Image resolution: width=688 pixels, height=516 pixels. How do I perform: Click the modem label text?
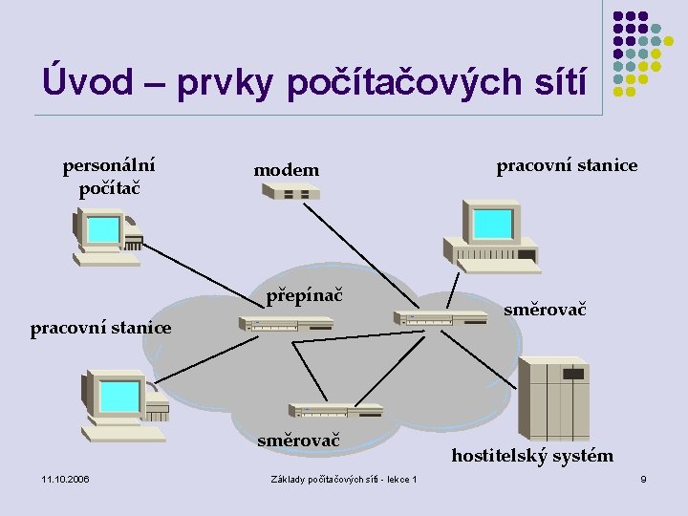pyautogui.click(x=286, y=170)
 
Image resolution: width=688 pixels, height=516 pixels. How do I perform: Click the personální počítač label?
pyautogui.click(x=109, y=175)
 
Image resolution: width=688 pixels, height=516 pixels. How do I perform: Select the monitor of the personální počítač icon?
pyautogui.click(x=101, y=229)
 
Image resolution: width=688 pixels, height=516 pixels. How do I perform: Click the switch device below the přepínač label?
pyautogui.click(x=286, y=324)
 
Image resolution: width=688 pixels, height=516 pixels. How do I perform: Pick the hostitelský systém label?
pyautogui.click(x=532, y=455)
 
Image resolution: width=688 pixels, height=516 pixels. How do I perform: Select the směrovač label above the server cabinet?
pyautogui.click(x=545, y=310)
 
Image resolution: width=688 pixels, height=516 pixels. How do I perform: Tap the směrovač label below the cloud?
pyautogui.click(x=298, y=441)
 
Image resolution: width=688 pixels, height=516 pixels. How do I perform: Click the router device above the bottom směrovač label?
pyautogui.click(x=335, y=410)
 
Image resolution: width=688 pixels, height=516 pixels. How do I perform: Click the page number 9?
pyautogui.click(x=643, y=478)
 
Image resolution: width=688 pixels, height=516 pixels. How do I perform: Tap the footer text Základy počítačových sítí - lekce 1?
pyautogui.click(x=343, y=478)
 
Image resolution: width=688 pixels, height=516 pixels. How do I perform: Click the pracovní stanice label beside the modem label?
pyautogui.click(x=567, y=165)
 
